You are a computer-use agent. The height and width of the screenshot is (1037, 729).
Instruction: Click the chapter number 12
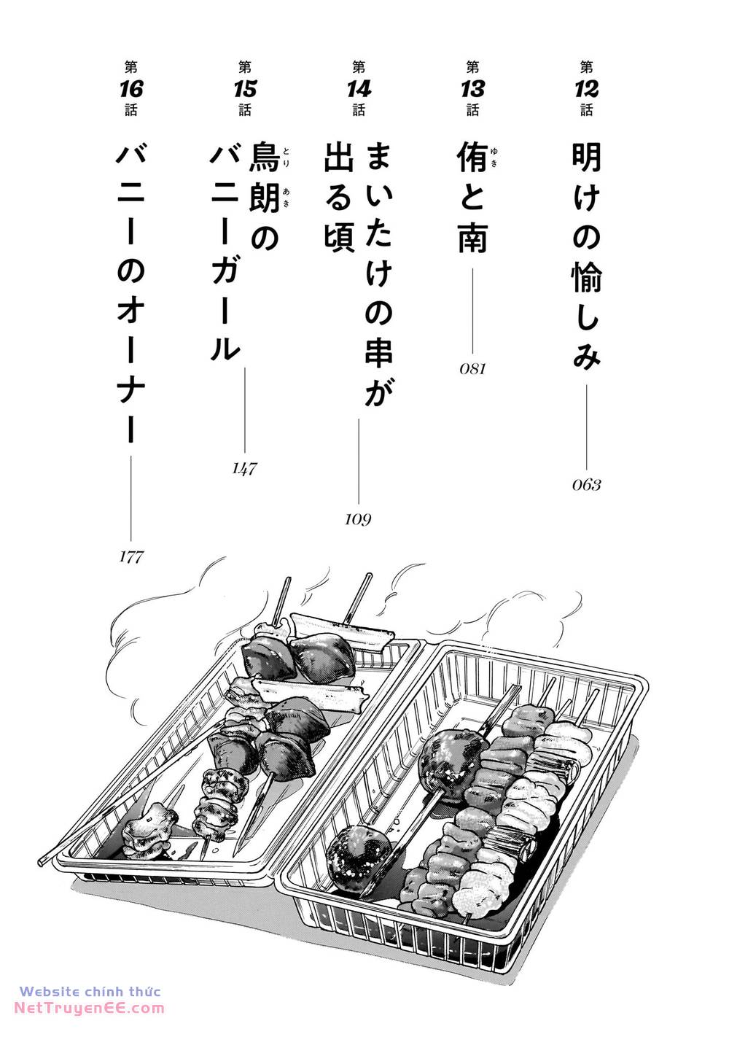click(586, 89)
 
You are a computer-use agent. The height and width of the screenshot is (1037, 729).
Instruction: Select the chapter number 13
click(472, 89)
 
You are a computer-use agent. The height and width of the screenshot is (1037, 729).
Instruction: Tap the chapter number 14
click(359, 89)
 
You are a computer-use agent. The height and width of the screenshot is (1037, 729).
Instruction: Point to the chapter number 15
click(245, 89)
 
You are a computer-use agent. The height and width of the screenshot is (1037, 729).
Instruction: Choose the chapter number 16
click(131, 89)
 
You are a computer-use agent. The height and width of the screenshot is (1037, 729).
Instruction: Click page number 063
click(586, 485)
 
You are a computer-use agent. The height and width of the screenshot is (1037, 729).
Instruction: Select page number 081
click(472, 368)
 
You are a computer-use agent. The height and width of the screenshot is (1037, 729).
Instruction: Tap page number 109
click(358, 520)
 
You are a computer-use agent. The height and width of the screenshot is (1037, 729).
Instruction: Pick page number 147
click(244, 469)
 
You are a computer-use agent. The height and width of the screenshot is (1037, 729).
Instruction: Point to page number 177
click(131, 556)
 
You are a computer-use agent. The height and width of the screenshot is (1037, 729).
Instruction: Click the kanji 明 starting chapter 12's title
click(586, 157)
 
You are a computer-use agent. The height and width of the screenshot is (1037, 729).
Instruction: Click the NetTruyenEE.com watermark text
click(90, 1008)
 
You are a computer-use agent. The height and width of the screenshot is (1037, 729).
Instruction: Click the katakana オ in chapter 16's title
click(131, 313)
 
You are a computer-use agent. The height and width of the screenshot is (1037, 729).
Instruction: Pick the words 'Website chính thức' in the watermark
click(90, 991)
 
